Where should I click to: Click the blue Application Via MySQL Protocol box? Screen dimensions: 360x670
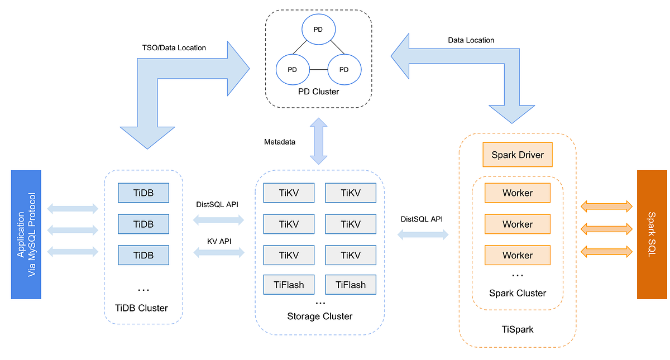[x=26, y=234]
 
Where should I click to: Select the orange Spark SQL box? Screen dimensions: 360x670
[x=652, y=234]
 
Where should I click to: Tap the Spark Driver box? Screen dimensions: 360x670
[x=518, y=155]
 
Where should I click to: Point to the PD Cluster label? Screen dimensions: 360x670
[x=318, y=91]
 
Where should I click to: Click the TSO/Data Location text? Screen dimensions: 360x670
[x=174, y=48]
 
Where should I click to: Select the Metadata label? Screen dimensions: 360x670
[x=279, y=142]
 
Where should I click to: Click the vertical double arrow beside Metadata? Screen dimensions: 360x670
[x=319, y=141]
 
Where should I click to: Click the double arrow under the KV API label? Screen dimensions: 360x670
[x=219, y=253]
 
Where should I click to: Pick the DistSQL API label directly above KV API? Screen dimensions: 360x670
[x=218, y=204]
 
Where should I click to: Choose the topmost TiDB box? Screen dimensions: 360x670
[x=143, y=193]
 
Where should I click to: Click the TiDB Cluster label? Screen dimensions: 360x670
[x=143, y=308]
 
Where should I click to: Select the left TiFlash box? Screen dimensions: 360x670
[x=289, y=285]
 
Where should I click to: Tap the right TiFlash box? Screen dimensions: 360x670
[x=351, y=285]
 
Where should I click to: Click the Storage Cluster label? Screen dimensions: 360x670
[x=320, y=316]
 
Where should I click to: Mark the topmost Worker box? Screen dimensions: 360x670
[x=518, y=193]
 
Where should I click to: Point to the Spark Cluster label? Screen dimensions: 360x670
[x=518, y=293]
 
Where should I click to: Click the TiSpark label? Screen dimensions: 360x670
[x=518, y=329]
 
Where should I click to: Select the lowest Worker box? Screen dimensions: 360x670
[x=518, y=255]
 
